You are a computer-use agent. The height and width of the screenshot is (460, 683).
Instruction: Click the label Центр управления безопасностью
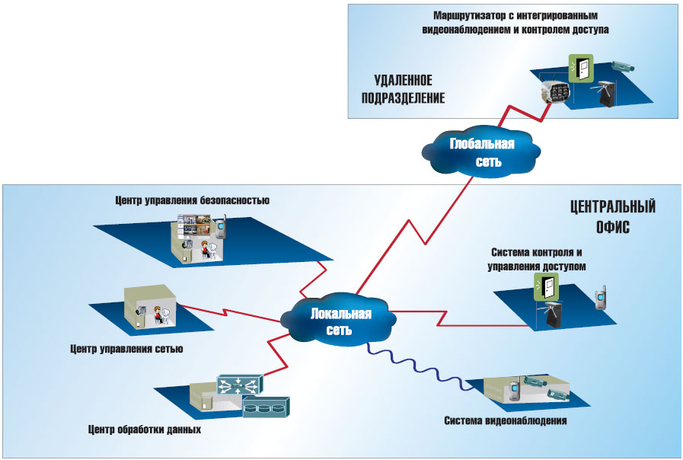(x=193, y=201)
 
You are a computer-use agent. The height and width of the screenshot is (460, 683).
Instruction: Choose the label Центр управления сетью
(x=126, y=350)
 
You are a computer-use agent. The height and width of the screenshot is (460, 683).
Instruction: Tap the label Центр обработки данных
(x=144, y=430)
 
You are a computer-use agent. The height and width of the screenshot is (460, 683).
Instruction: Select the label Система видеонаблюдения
(x=506, y=420)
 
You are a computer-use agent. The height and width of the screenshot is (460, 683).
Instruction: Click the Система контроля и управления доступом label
(x=538, y=259)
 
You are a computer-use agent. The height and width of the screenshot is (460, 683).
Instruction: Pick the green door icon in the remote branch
(x=581, y=68)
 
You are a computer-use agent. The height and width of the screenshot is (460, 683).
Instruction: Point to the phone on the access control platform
(x=599, y=299)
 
